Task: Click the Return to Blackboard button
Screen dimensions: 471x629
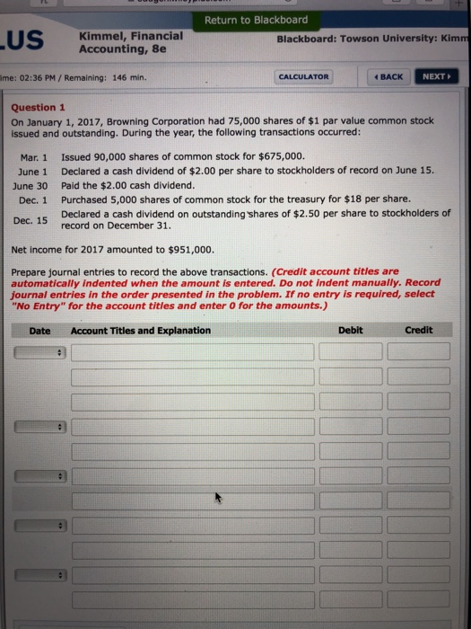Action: click(x=256, y=20)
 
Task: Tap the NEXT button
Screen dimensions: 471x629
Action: click(x=436, y=77)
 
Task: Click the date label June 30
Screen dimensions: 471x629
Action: click(x=31, y=185)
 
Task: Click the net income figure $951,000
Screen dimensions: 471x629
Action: click(x=189, y=249)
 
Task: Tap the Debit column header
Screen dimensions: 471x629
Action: click(x=350, y=330)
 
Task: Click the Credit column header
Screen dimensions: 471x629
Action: click(x=418, y=330)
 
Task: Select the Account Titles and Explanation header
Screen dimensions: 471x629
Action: click(x=140, y=330)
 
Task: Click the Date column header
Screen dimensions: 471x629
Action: click(x=39, y=330)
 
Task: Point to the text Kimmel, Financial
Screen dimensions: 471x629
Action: click(x=131, y=36)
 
